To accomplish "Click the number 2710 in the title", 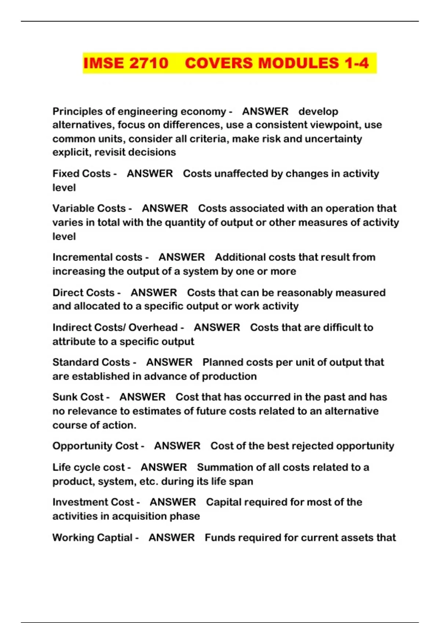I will (x=149, y=63).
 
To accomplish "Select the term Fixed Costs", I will (x=81, y=174).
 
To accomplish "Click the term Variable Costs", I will (x=89, y=209).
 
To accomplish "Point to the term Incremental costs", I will (x=97, y=257).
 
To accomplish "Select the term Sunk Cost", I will (x=78, y=397).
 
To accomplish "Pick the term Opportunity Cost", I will (x=95, y=446).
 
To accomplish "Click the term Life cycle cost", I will (x=89, y=468).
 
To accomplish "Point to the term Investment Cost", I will (x=93, y=502).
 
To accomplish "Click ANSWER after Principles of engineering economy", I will (x=265, y=111).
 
